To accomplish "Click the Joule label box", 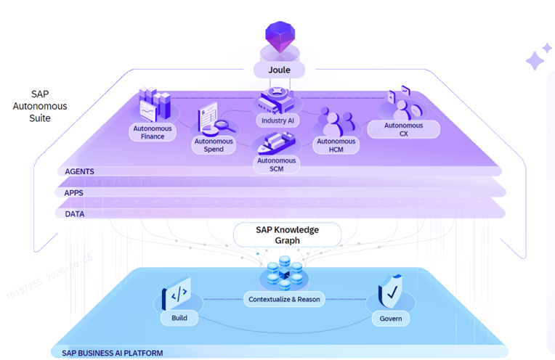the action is [x=279, y=70].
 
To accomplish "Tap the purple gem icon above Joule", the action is [x=280, y=36].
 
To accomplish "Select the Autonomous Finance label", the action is [x=153, y=132].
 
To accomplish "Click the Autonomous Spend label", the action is [x=214, y=145].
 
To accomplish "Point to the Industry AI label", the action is [x=277, y=120].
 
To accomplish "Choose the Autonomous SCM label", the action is [x=277, y=165].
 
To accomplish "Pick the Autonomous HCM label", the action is [x=336, y=145].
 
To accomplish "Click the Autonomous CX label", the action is [x=403, y=129].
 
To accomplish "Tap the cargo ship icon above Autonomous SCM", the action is [x=277, y=143].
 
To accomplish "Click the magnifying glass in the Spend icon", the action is [x=224, y=125].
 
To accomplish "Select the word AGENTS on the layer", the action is [x=80, y=171].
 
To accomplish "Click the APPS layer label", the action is [x=73, y=193].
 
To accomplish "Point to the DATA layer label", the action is [x=75, y=214].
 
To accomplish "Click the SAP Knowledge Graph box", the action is [x=288, y=235].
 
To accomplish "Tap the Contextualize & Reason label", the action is [x=284, y=299].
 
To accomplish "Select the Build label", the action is [x=179, y=318].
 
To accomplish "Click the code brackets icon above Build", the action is [x=177, y=293].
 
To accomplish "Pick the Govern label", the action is [x=391, y=319].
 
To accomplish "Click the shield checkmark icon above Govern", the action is [x=390, y=291].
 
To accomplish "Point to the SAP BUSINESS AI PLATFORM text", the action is [x=113, y=353].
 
